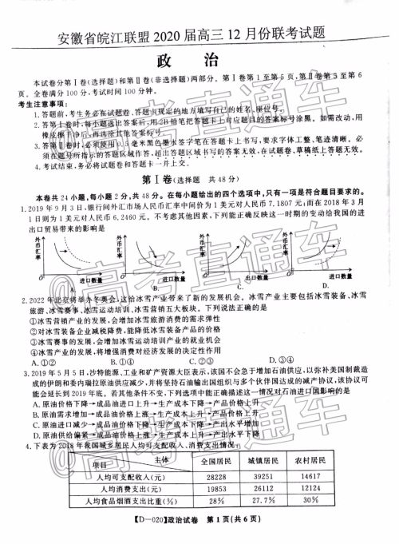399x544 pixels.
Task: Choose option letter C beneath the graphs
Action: pos(240,285)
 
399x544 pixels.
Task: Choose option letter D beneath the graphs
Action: pos(324,285)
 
